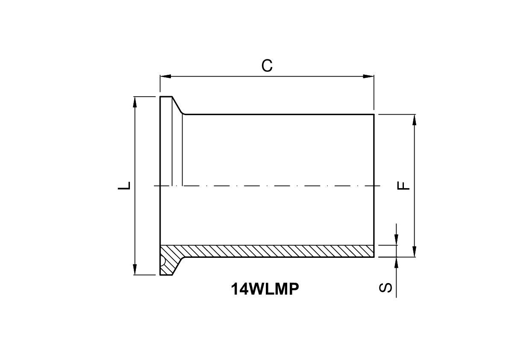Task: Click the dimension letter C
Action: click(x=267, y=65)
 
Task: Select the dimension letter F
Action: click(x=403, y=186)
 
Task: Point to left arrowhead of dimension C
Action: click(x=165, y=77)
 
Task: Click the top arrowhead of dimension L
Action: click(x=135, y=102)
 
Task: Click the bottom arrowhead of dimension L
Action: click(x=135, y=270)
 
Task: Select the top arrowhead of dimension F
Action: click(x=414, y=120)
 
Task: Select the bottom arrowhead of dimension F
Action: click(x=414, y=252)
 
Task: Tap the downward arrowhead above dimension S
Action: click(x=397, y=240)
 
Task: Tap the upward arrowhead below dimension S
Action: click(x=397, y=262)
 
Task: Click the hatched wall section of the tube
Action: click(x=278, y=251)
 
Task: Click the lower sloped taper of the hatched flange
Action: click(x=177, y=266)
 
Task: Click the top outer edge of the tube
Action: click(x=278, y=114)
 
